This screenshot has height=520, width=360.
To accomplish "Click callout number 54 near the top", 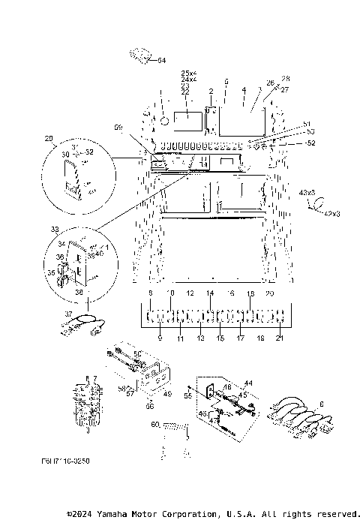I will point(162,59).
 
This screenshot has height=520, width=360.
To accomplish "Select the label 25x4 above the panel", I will point(189,72).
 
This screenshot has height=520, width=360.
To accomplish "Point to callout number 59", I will point(118,128).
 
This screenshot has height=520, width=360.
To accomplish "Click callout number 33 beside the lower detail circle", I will point(54,228).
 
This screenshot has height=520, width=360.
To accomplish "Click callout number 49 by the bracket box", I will point(167,392).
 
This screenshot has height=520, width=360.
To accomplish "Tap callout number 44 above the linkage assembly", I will point(249,383).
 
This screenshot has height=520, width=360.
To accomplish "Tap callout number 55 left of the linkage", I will point(188,394).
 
